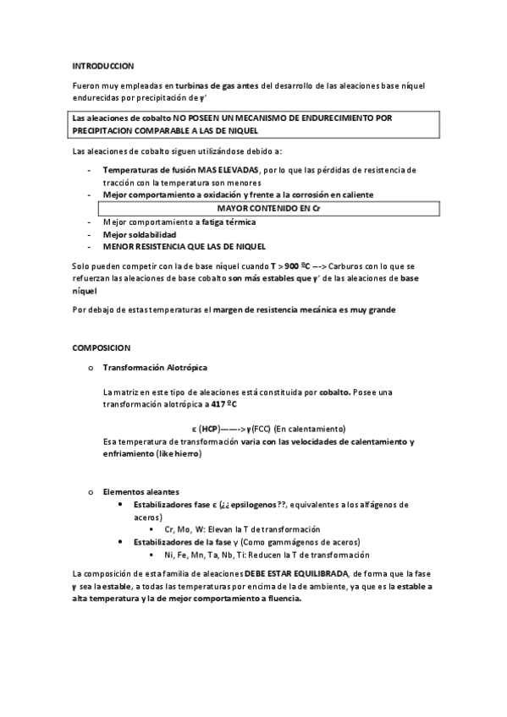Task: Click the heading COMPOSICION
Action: click(x=101, y=347)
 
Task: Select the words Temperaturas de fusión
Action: click(x=149, y=170)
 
